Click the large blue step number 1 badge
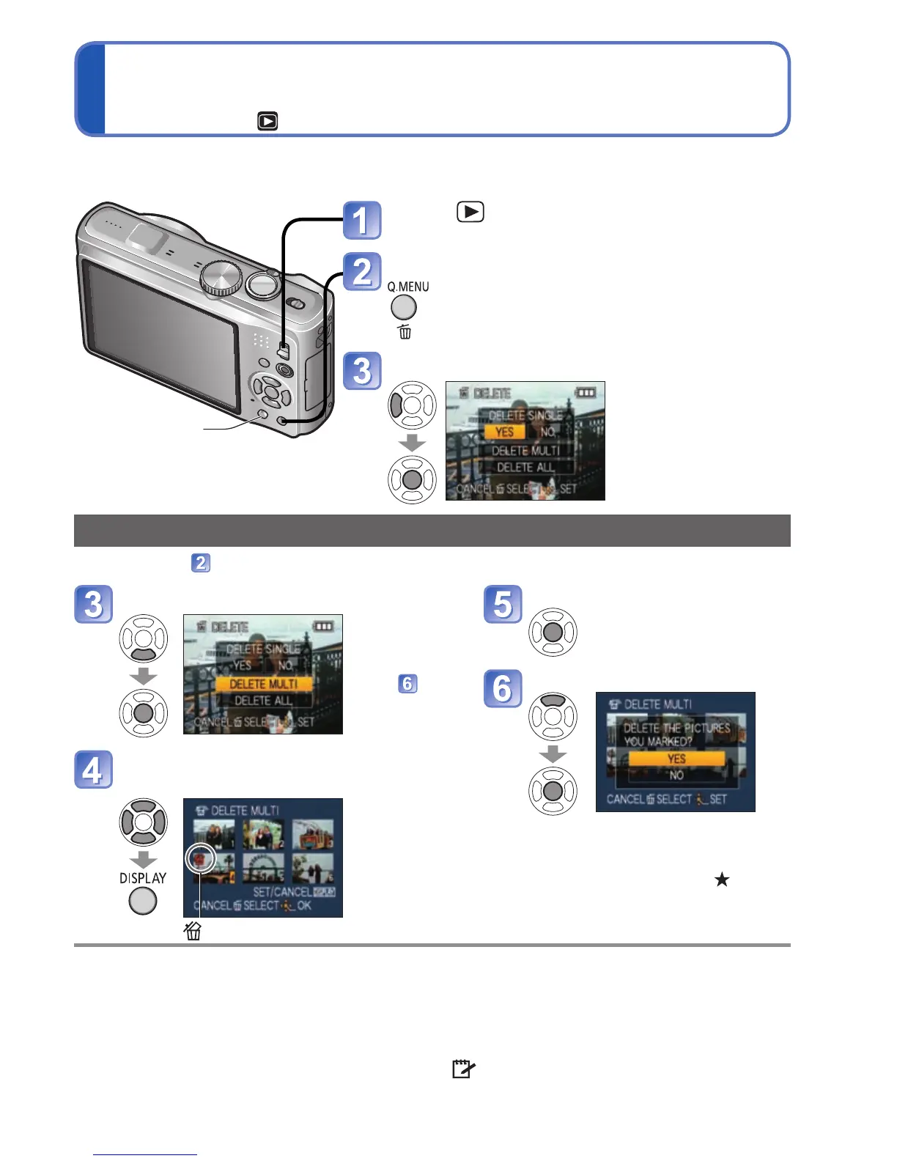coord(362,221)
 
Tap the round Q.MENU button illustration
coord(404,308)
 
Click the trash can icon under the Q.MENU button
coord(405,332)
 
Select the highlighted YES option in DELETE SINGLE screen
coord(504,432)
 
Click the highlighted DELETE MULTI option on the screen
coord(264,684)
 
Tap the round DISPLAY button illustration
coord(143,901)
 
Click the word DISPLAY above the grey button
coord(143,878)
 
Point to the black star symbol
coord(722,879)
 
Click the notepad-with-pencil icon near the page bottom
coord(462,1069)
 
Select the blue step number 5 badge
coord(503,604)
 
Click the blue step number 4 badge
coord(93,770)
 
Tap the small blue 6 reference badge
coord(407,684)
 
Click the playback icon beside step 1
coord(470,213)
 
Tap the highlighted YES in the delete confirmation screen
coord(676,759)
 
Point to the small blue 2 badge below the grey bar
coord(201,563)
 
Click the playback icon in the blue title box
coord(267,121)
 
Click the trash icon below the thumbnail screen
coord(193,931)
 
